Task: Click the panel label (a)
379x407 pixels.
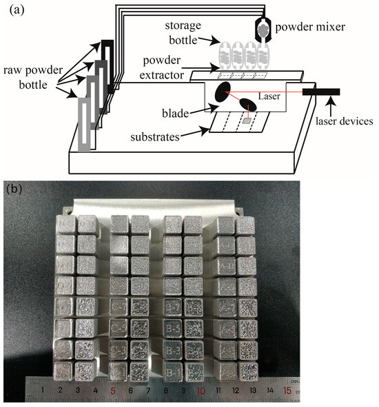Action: tap(12, 9)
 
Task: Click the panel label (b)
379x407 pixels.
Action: tap(13, 187)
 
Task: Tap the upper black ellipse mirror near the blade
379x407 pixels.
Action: tap(224, 91)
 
